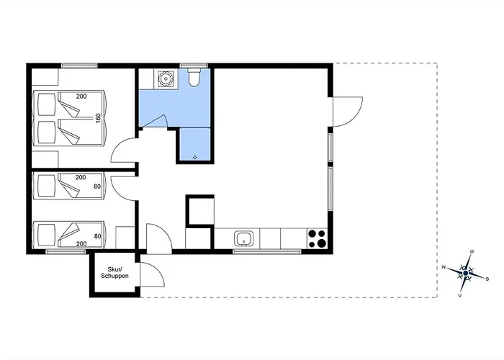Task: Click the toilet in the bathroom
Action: pos(194,77)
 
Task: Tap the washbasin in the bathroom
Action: pos(166,78)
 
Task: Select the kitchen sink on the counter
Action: pos(244,239)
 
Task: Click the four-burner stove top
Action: pos(317,238)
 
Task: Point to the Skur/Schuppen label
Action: pos(114,273)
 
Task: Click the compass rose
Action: pos(466,273)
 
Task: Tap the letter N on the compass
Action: pos(444,267)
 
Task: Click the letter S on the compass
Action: pos(487,279)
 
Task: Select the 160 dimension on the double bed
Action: pos(99,118)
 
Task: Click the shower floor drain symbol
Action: pos(195,157)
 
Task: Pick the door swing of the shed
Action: pos(153,274)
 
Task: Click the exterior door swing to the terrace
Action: pos(348,112)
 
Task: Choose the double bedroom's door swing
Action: pos(124,150)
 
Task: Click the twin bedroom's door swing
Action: pos(124,189)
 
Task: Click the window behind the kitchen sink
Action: pos(267,251)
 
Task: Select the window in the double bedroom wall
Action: pos(79,66)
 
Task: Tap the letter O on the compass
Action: pos(472,251)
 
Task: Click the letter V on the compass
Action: pos(460,296)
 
